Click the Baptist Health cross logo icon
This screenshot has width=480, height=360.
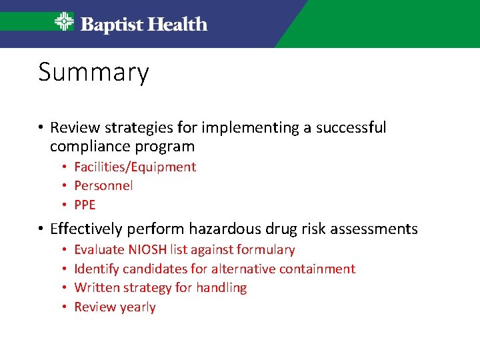click(64, 22)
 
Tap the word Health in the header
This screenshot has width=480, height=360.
click(177, 25)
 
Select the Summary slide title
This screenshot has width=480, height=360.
click(93, 72)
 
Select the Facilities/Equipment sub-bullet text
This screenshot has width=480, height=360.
click(135, 167)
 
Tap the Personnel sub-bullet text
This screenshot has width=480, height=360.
click(103, 185)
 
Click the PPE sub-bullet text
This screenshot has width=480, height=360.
click(85, 205)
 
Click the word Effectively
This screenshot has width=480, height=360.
click(86, 229)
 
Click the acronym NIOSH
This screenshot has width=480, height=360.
click(147, 250)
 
